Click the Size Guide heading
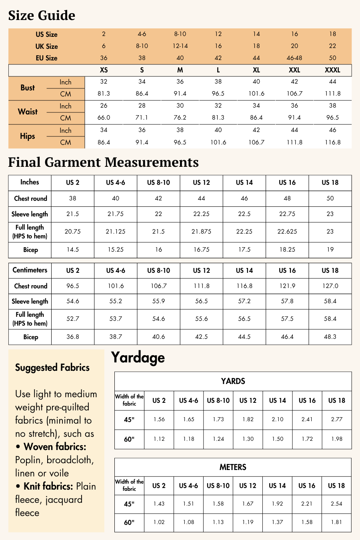point(42,16)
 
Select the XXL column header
point(294,70)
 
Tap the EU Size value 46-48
point(294,58)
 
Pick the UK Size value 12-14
point(180,46)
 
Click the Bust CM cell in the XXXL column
point(332,94)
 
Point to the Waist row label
point(28,112)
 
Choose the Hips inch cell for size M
point(180,130)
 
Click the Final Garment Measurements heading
point(103,162)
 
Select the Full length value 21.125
point(116,232)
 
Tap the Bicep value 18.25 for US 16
point(287,250)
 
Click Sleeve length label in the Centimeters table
point(30,302)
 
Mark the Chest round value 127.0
point(330,286)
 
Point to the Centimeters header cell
point(30,270)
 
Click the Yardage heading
point(138,357)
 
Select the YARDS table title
point(233,381)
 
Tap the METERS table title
point(233,467)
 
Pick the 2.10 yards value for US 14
point(278,420)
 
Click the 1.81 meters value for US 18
point(336,522)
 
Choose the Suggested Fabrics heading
point(52,368)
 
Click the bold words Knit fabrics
point(48,486)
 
